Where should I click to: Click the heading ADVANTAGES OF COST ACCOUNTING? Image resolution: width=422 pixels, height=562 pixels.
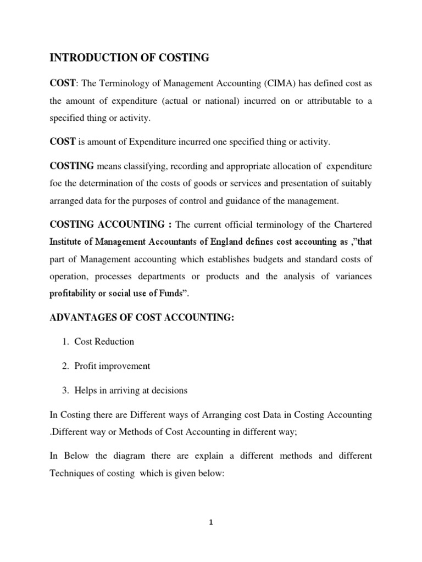[142, 318]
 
